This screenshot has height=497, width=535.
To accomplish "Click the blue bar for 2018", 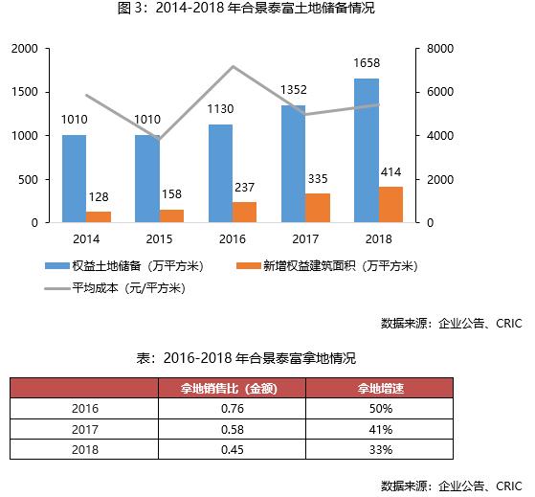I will coord(367,151).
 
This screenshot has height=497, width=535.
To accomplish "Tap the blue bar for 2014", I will coord(74,179).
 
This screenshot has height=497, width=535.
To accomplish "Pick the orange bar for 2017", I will coord(318,208).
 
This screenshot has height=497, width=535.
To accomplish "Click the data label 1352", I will coord(293,90).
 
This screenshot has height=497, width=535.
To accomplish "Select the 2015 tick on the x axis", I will coord(158,238).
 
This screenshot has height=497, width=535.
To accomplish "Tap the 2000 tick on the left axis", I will coord(25,48).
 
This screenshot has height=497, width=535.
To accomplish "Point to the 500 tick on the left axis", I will coord(29,179).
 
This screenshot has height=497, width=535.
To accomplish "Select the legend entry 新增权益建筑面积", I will coord(327,264).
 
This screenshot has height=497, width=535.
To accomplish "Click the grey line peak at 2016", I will coord(233,67).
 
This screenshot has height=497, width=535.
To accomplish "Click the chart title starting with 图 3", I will coord(267,10).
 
